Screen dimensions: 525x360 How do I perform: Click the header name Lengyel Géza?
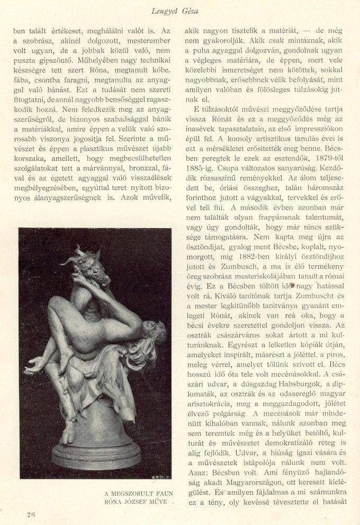pyautogui.click(x=180, y=12)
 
